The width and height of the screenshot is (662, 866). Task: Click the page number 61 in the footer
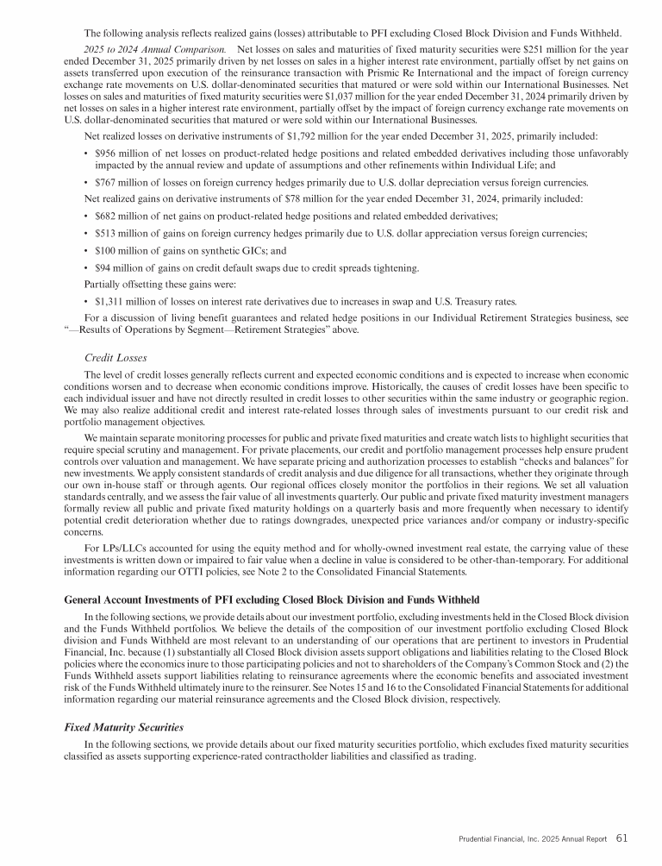pos(621,837)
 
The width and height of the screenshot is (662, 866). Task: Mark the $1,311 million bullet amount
pos(122,301)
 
